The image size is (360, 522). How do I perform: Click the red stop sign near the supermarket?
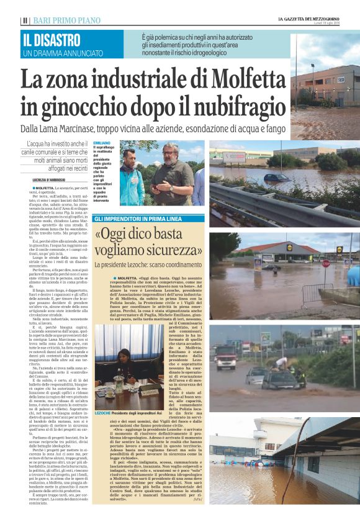tap(326, 263)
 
